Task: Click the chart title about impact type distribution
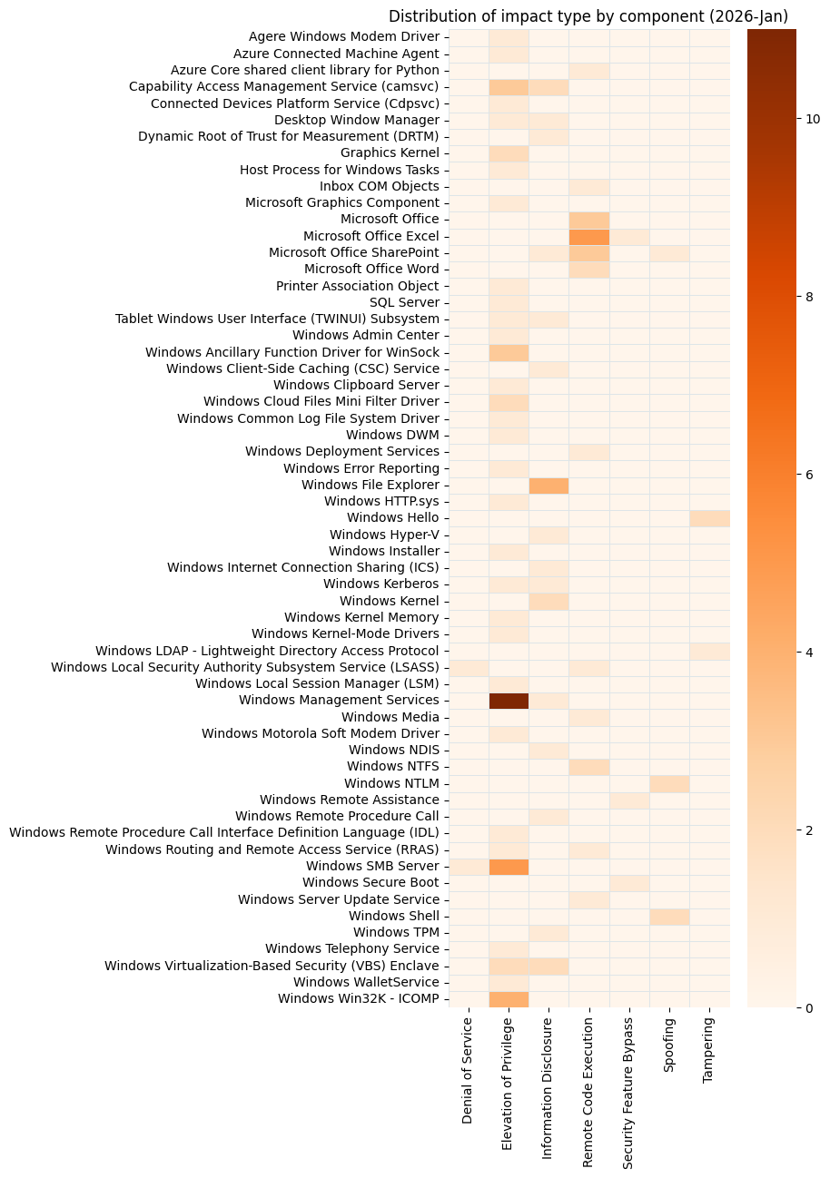588,16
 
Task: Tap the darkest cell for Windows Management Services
509,700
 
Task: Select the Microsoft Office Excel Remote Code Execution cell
588,236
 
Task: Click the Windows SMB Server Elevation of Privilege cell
509,866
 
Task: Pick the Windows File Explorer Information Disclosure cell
548,485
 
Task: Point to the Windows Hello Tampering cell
709,518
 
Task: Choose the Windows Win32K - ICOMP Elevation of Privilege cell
509,998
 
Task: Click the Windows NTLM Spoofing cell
669,783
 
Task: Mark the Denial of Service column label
468,1070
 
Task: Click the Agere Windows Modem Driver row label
343,37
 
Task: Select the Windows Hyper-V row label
384,535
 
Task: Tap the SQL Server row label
404,302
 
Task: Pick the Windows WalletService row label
366,982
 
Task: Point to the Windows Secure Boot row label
371,882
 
